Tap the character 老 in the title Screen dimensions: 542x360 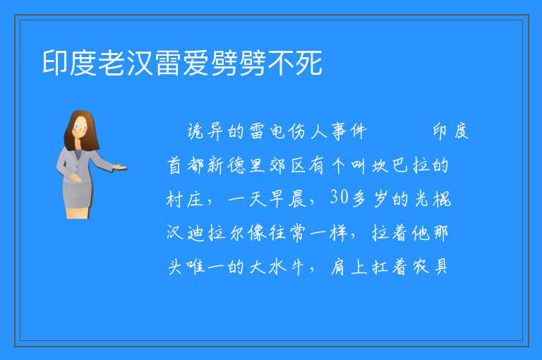point(112,63)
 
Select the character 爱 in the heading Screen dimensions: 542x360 point(196,63)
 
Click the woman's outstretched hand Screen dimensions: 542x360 point(119,168)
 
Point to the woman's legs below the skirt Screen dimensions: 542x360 point(78,212)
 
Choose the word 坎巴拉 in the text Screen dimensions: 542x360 point(401,165)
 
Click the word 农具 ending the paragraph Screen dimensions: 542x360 point(430,267)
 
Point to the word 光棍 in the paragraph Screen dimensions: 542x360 point(433,198)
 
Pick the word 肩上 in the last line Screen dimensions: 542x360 point(349,267)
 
